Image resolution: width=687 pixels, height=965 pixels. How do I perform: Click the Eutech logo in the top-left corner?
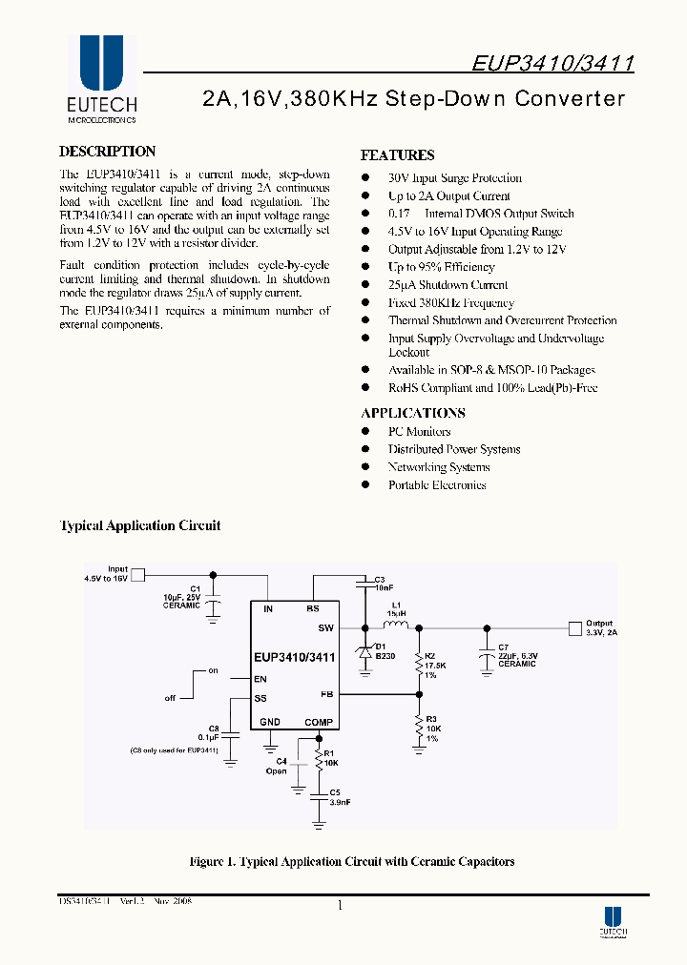click(102, 80)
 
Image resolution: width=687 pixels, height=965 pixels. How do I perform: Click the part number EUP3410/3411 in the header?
click(553, 64)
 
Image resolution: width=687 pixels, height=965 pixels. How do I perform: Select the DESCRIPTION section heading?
click(107, 152)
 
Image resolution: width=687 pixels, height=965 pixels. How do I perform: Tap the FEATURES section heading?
click(397, 155)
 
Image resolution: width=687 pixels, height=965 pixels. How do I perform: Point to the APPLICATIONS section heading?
click(413, 413)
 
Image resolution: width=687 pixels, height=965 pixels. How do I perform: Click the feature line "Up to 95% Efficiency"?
click(441, 267)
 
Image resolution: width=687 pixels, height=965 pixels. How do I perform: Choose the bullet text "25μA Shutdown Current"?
click(448, 285)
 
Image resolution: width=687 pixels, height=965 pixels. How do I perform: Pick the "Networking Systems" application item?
click(439, 467)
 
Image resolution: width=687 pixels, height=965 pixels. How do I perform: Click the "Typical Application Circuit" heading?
click(140, 525)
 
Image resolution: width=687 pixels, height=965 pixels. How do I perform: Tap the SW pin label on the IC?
click(326, 628)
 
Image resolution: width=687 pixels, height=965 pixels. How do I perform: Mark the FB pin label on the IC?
click(326, 695)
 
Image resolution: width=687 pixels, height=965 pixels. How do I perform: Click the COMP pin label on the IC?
click(319, 722)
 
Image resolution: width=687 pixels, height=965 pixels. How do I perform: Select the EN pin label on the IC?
click(260, 680)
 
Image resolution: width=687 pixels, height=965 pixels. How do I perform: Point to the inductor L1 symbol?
click(395, 626)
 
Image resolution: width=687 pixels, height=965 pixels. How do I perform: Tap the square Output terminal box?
click(573, 627)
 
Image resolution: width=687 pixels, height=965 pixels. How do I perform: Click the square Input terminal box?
click(137, 574)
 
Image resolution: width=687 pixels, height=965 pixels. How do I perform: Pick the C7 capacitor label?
click(504, 647)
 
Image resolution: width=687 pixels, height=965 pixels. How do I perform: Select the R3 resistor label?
click(431, 718)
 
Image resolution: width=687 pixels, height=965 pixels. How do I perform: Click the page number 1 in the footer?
click(340, 906)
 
